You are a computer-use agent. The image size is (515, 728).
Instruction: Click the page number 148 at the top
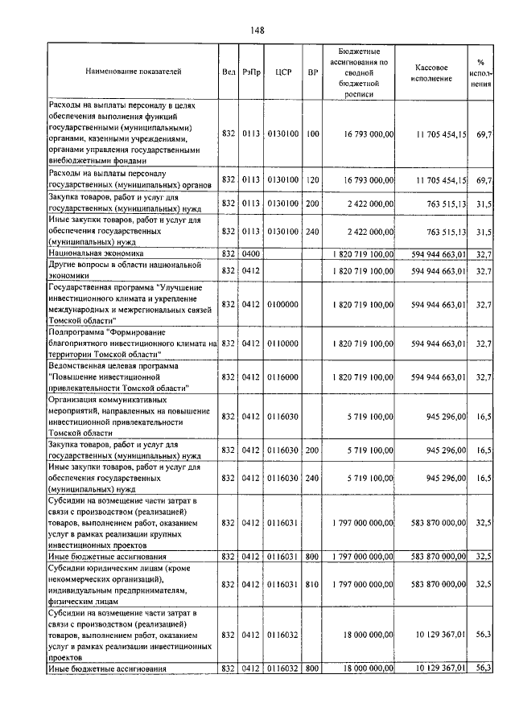tap(257, 30)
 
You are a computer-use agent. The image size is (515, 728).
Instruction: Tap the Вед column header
tap(229, 72)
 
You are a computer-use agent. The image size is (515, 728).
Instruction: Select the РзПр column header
tap(250, 72)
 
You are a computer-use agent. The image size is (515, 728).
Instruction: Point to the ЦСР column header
tap(282, 72)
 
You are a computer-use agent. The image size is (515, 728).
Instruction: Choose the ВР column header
tap(312, 72)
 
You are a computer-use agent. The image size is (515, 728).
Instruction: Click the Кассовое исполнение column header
tap(437, 72)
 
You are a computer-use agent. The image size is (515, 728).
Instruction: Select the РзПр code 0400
tap(250, 253)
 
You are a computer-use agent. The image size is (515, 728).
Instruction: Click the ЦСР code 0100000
tap(282, 303)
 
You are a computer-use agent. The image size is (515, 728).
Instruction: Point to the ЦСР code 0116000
tap(282, 376)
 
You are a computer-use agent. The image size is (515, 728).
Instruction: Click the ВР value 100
tap(312, 133)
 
